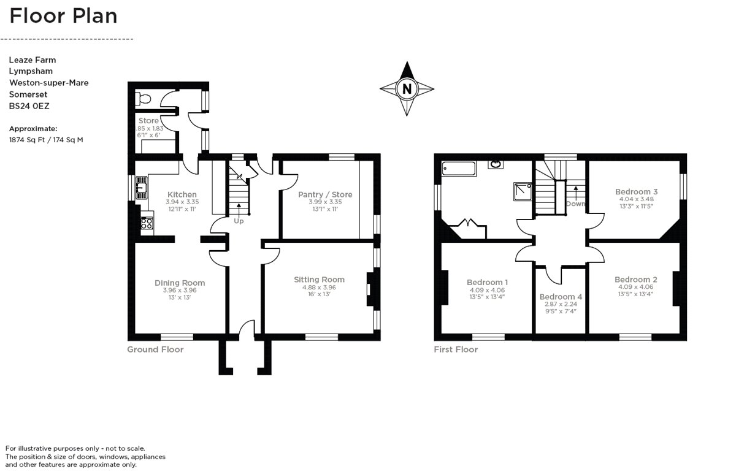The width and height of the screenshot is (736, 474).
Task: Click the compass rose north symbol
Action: pyautogui.click(x=407, y=89)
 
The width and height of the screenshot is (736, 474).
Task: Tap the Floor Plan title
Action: pyautogui.click(x=63, y=15)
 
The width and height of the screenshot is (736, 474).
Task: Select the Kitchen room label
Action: pyautogui.click(x=182, y=194)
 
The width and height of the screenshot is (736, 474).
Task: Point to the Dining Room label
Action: pyautogui.click(x=180, y=283)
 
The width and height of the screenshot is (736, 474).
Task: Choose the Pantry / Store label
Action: pyautogui.click(x=325, y=194)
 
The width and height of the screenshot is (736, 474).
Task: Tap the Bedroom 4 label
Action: pyautogui.click(x=561, y=297)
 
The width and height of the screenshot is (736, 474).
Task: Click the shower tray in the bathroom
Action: pyautogui.click(x=523, y=193)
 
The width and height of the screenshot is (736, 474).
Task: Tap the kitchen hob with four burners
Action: pyautogui.click(x=147, y=223)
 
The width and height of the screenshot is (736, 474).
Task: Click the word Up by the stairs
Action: pyautogui.click(x=239, y=221)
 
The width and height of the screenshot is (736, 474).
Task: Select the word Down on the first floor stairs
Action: pyautogui.click(x=575, y=204)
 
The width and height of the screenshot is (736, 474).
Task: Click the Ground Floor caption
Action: pyautogui.click(x=155, y=350)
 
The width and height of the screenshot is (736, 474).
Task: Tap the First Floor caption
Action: pyautogui.click(x=456, y=350)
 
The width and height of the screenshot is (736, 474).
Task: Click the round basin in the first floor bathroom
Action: pyautogui.click(x=496, y=164)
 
